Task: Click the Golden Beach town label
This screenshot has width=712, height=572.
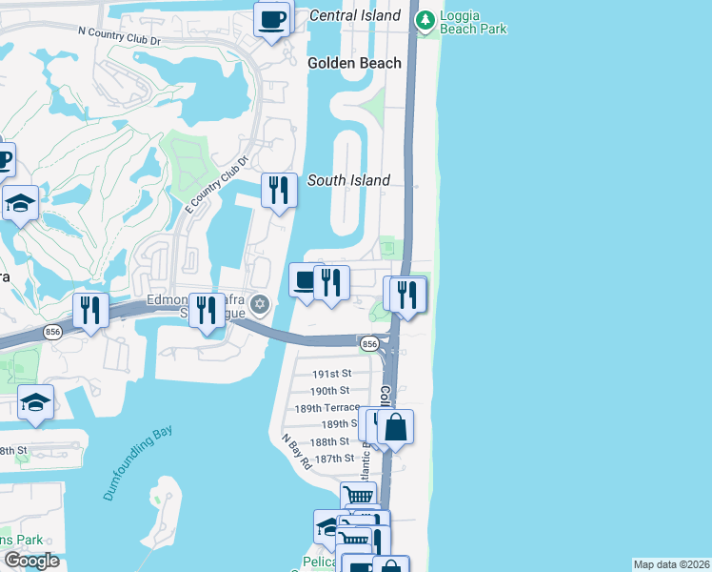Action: (x=354, y=63)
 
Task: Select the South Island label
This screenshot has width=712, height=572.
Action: (x=348, y=180)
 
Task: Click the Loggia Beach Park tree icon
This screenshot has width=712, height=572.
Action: (x=425, y=19)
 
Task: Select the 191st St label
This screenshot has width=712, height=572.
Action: (x=332, y=373)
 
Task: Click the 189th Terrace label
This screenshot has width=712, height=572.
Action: (x=326, y=407)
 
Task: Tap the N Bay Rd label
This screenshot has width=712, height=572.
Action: (x=297, y=453)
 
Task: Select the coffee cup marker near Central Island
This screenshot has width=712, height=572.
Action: (x=272, y=19)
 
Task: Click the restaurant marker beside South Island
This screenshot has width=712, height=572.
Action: (x=279, y=190)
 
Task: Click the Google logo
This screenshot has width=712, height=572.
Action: (x=30, y=561)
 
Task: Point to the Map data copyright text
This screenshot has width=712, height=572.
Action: (x=671, y=564)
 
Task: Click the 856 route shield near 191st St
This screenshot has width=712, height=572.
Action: (x=370, y=343)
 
